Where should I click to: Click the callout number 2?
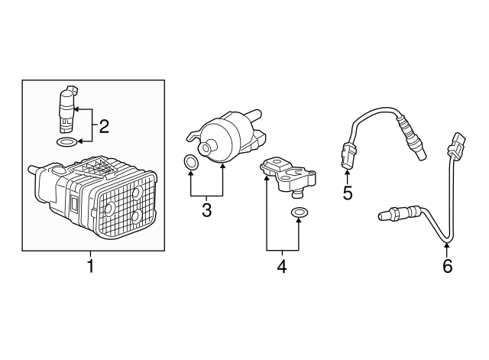pos(105,124)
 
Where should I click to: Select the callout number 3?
pos(206,209)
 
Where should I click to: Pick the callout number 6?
pos(447,266)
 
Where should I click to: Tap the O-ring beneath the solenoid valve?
pos(67,142)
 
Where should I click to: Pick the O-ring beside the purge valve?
pos(191,162)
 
